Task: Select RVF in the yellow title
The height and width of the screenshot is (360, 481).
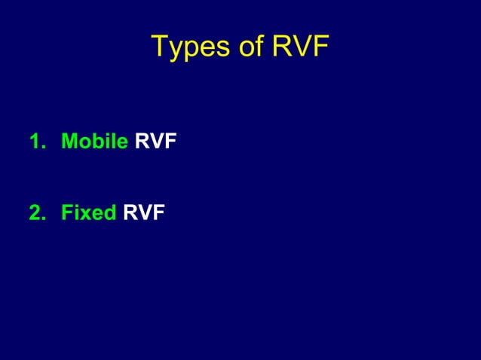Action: click(300, 47)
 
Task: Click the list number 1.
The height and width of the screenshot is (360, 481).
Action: click(35, 141)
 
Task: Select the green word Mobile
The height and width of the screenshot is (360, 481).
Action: click(94, 141)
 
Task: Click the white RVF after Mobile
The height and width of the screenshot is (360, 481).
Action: click(155, 141)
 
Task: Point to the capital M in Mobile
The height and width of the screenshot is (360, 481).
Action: click(69, 141)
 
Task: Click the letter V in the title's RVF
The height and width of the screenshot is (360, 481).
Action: click(300, 47)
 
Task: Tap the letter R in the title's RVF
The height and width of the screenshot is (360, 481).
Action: click(281, 47)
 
